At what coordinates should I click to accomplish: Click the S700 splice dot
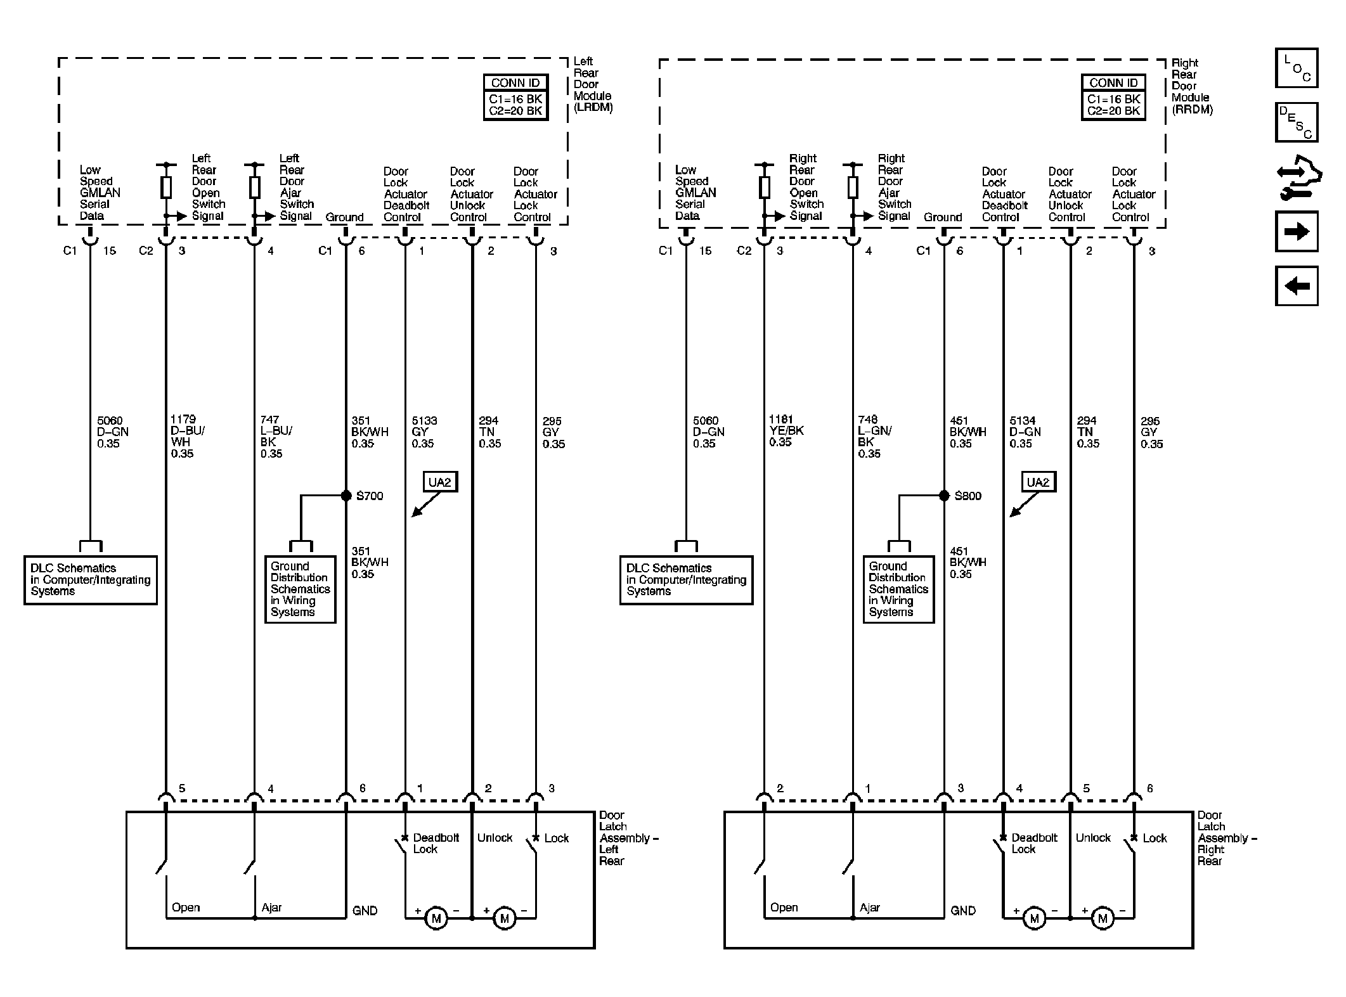[x=346, y=496]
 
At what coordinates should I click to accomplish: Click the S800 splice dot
[x=944, y=496]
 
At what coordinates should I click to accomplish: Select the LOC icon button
[x=1297, y=68]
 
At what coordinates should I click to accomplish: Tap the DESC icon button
[x=1297, y=122]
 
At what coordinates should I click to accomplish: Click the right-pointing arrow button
[x=1297, y=231]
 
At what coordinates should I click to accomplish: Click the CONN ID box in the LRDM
[x=515, y=98]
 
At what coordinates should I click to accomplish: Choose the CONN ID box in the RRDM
[x=1113, y=98]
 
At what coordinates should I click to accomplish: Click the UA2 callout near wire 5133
[x=439, y=482]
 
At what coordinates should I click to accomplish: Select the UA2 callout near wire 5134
[x=1038, y=482]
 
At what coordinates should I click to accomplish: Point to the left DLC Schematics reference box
[x=91, y=580]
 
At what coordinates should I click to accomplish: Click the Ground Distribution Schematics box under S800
[x=898, y=589]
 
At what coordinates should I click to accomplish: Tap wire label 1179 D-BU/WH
[x=188, y=436]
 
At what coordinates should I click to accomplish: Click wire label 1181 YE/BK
[x=786, y=431]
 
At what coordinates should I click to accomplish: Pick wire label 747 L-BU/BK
[x=276, y=436]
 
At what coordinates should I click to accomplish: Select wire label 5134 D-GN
[x=1025, y=432]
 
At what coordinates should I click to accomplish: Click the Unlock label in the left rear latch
[x=495, y=838]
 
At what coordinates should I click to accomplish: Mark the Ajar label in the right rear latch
[x=870, y=908]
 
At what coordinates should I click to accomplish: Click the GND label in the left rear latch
[x=365, y=911]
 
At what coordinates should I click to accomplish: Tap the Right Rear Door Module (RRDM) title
[x=1192, y=86]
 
